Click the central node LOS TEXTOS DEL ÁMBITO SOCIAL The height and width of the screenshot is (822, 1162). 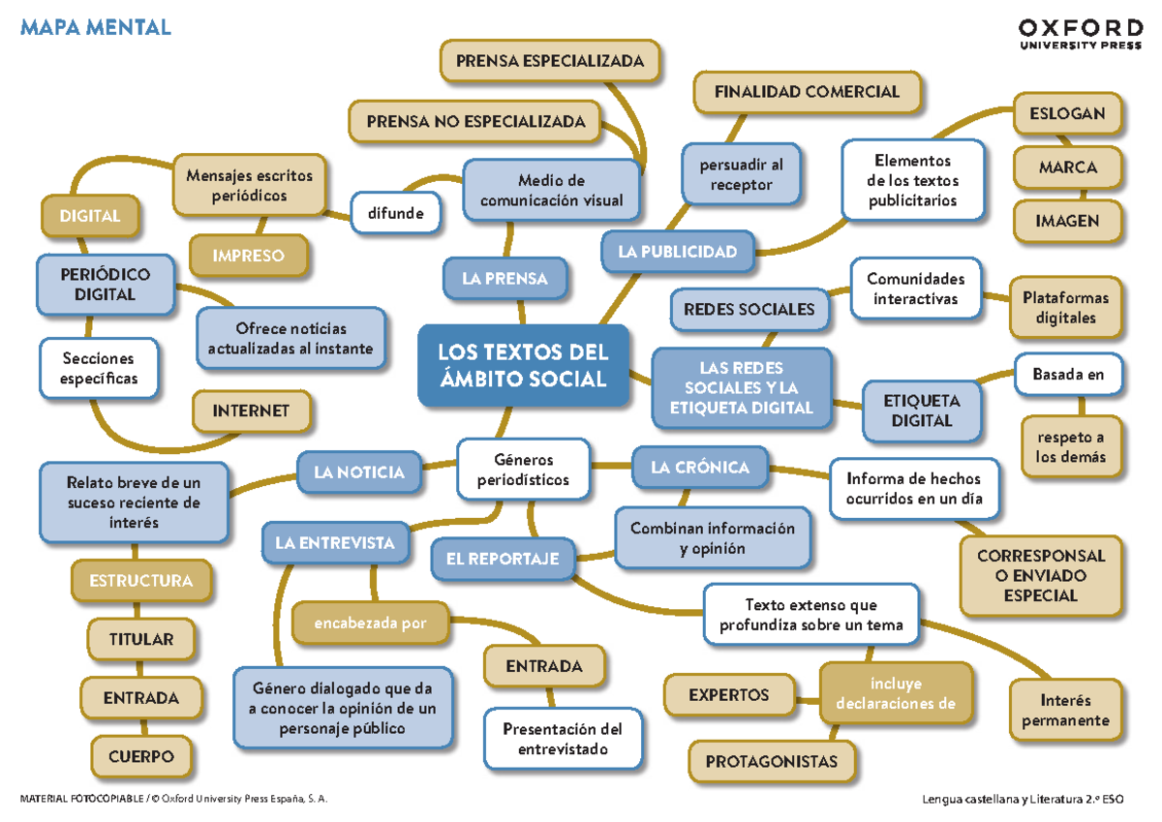tap(523, 365)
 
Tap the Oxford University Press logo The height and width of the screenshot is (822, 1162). tap(1080, 33)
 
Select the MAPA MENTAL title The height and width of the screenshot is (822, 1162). tap(95, 27)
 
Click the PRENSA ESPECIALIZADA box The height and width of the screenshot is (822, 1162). tap(549, 61)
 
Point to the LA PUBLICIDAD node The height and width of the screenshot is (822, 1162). tap(677, 252)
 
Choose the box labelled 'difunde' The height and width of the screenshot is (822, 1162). tap(395, 213)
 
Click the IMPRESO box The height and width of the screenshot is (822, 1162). tap(249, 256)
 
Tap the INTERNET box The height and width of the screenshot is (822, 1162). tap(251, 411)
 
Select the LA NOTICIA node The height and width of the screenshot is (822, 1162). tap(359, 472)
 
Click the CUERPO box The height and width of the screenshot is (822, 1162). tap(141, 756)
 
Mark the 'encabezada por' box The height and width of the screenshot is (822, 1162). tap(370, 624)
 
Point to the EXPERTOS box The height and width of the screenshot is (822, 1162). tap(728, 694)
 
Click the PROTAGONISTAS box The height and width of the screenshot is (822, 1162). tap(771, 761)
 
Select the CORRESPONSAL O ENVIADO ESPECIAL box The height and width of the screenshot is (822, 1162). tap(1041, 576)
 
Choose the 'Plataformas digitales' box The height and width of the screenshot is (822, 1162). tap(1065, 308)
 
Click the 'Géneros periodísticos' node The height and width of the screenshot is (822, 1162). tap(523, 470)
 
